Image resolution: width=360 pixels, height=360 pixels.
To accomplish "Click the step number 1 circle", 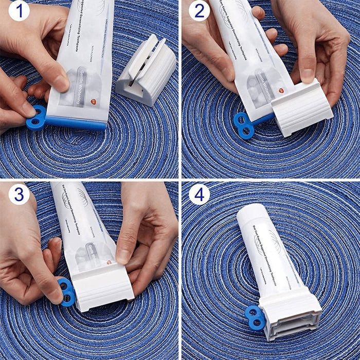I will click(19, 11).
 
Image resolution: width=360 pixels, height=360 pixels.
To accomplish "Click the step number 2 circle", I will click(199, 11).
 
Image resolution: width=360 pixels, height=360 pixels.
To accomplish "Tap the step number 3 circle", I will click(19, 194).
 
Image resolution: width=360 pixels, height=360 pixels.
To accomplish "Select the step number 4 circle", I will click(199, 194).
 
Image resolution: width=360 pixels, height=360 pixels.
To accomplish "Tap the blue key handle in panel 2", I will click(244, 125).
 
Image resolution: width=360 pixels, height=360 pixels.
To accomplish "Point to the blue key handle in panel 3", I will click(67, 292).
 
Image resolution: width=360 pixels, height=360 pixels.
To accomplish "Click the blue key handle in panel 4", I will click(255, 317).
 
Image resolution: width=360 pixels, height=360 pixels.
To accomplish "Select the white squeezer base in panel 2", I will click(301, 108).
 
